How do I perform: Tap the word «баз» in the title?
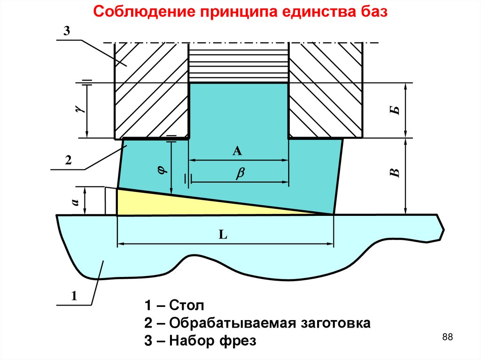[x=373, y=12]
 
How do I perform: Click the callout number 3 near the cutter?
[x=66, y=31]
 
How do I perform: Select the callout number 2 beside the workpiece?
[x=68, y=161]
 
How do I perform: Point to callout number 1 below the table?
[x=73, y=296]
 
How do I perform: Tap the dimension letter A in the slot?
[x=237, y=151]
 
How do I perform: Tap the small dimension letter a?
[x=75, y=201]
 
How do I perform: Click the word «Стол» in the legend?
[x=186, y=306]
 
